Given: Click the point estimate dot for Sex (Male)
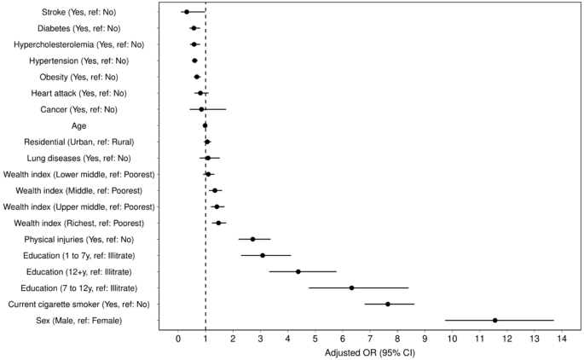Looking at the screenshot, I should [494, 320].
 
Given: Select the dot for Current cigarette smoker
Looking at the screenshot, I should [388, 304].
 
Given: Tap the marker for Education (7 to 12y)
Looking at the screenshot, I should [351, 287].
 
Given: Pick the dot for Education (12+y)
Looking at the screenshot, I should [298, 271].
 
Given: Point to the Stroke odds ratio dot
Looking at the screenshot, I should [187, 12].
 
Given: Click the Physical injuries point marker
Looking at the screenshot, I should [252, 239].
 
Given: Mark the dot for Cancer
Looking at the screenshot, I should [201, 109].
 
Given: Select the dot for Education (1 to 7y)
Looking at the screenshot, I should [263, 255].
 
